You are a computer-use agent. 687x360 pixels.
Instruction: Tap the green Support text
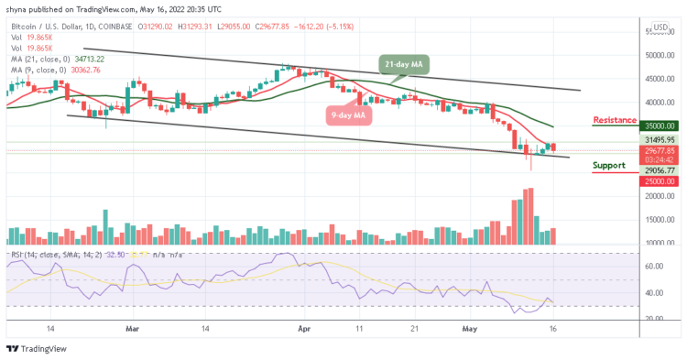click(x=609, y=166)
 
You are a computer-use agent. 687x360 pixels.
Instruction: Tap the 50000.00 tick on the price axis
click(x=657, y=55)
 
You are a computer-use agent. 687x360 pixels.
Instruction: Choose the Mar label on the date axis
click(x=134, y=327)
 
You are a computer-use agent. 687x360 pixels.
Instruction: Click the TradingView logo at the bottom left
click(x=38, y=349)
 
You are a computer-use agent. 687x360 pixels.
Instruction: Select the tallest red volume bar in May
click(x=529, y=216)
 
